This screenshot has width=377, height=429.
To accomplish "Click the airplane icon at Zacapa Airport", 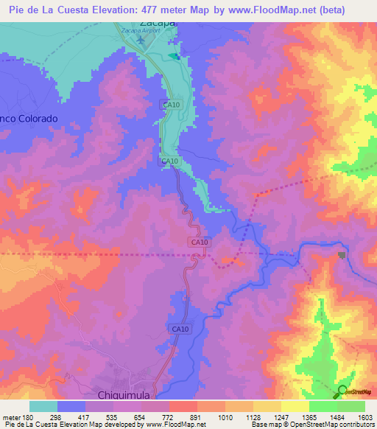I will (x=144, y=41).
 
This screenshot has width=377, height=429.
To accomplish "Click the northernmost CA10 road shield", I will (x=171, y=105).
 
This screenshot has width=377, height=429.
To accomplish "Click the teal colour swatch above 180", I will (x=43, y=406).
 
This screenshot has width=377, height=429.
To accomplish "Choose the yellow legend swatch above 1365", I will (x=295, y=406).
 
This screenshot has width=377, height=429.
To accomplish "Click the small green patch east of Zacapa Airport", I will (x=173, y=56).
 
